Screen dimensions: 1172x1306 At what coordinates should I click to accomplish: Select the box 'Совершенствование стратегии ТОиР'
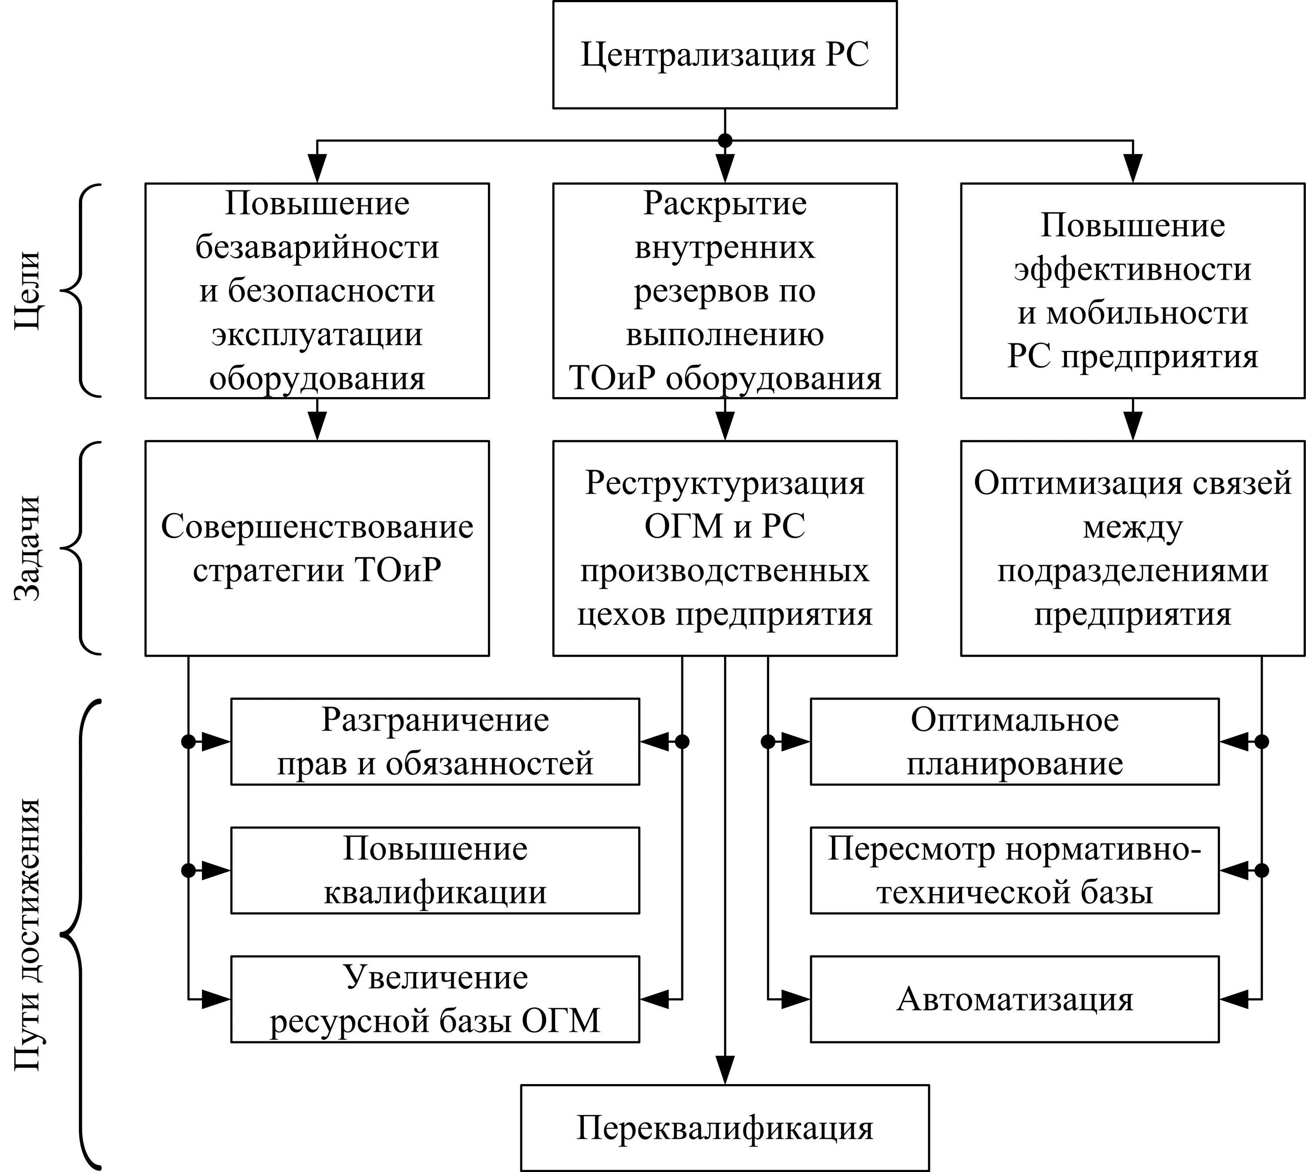point(317,548)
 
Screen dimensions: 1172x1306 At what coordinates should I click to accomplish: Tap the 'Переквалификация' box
point(724,1128)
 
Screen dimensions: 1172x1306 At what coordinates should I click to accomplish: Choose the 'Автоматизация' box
point(1014,999)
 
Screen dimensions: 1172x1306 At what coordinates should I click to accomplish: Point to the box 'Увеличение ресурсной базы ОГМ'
point(435,999)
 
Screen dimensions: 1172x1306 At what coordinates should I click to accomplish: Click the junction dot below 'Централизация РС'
point(725,140)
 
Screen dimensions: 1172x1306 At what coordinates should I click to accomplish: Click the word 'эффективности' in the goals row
point(1132,269)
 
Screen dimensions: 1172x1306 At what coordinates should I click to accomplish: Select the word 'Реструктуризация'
point(724,483)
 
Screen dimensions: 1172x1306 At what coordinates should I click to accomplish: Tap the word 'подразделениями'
point(1132,571)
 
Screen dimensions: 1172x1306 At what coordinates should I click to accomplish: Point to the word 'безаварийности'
point(317,247)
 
